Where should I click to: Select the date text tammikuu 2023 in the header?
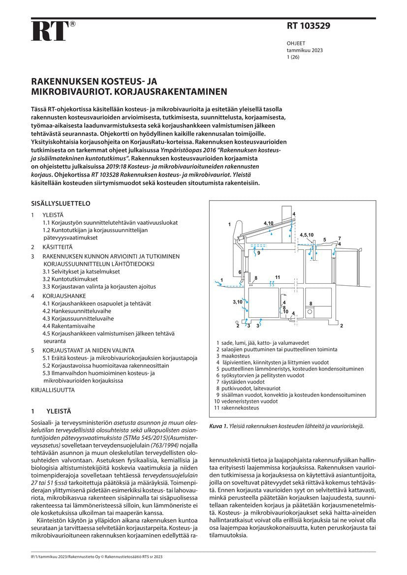pyautogui.click(x=305, y=50)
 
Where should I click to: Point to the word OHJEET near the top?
pyautogui.click(x=296, y=43)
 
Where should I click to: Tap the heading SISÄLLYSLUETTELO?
pyautogui.click(x=61, y=203)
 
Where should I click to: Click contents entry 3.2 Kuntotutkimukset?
pyautogui.click(x=70, y=279)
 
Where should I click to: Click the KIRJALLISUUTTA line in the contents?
pyautogui.click(x=53, y=390)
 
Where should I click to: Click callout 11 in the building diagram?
pyautogui.click(x=278, y=277)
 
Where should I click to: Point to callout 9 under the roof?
pyautogui.click(x=258, y=253)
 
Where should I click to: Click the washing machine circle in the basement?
pyautogui.click(x=310, y=311)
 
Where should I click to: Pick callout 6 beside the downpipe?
pyautogui.click(x=240, y=272)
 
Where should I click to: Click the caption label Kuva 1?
pyautogui.click(x=219, y=426)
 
